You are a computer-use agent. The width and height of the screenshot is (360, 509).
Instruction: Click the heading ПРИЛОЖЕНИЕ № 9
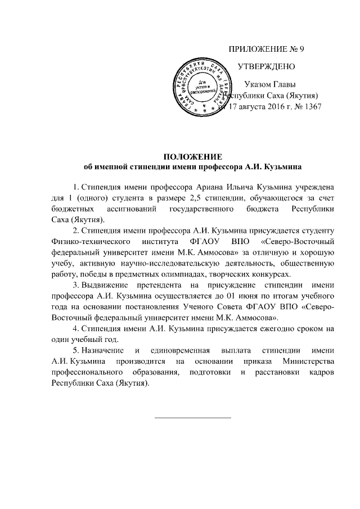pyautogui.click(x=266, y=48)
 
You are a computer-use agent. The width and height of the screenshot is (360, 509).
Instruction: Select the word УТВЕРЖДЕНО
pyautogui.click(x=266, y=66)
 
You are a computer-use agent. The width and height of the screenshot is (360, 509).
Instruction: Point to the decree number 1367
pyautogui.click(x=312, y=106)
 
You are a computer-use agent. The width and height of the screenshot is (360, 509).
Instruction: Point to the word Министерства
pyautogui.click(x=308, y=362)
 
